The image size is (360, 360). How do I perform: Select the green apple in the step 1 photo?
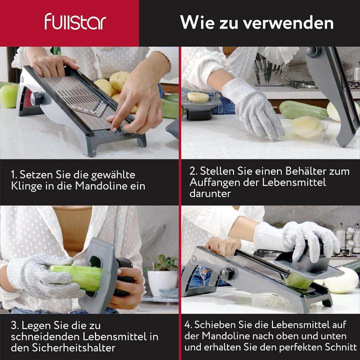[8, 95]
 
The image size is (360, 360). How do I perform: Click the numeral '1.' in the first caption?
[14, 174]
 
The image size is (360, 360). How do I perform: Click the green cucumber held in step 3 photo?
[77, 277]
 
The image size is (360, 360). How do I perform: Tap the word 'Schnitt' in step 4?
[340, 346]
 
